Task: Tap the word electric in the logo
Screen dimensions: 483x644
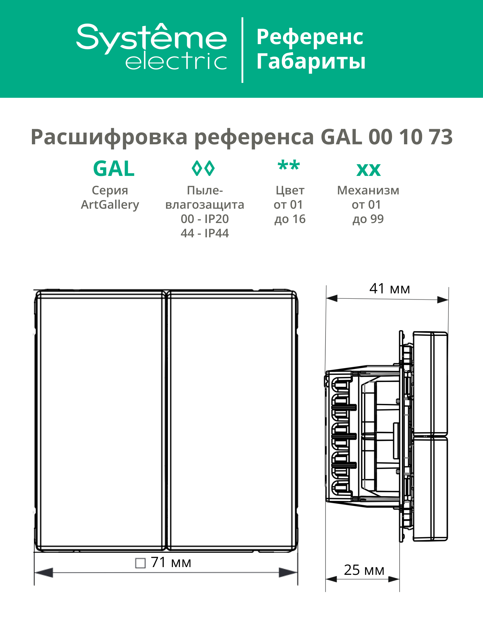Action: (176, 61)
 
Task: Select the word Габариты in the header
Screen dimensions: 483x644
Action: (311, 61)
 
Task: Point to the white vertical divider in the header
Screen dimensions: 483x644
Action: (242, 50)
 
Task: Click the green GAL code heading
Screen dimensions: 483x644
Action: (114, 169)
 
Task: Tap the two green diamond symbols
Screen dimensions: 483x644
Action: (203, 168)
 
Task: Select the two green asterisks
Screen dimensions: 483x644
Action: (289, 165)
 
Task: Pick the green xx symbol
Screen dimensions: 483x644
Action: (369, 170)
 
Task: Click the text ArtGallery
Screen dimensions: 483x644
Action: (110, 205)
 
